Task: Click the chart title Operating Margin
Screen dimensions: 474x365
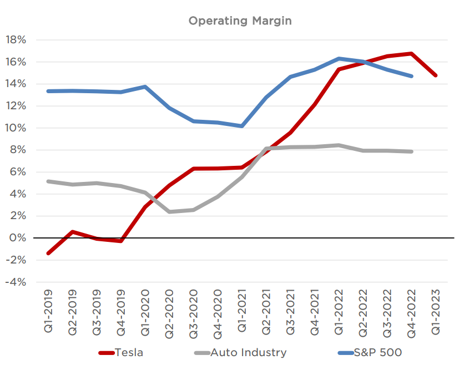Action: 240,21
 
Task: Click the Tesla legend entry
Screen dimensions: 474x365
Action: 121,352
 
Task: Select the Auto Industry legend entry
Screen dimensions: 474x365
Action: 240,352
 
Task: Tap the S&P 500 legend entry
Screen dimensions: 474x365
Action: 370,352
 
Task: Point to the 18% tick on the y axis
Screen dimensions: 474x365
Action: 16,40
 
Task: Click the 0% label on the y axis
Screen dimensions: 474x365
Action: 18,238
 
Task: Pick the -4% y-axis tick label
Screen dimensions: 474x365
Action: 16,282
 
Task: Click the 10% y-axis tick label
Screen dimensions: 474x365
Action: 16,128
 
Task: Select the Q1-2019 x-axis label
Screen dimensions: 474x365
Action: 48,311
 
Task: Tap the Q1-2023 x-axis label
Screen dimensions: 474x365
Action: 436,312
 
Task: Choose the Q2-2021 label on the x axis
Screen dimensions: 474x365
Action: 266,312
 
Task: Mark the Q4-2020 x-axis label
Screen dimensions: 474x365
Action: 218,314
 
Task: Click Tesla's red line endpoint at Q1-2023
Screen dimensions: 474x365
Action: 436,75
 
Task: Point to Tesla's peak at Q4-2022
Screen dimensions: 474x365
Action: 411,53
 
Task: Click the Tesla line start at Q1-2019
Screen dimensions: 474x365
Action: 48,253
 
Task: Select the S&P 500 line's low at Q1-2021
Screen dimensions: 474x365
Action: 242,126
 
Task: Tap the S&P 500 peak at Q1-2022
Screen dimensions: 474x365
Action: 339,59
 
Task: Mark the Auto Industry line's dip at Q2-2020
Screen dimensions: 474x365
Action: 169,212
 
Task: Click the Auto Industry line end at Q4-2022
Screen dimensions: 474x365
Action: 411,151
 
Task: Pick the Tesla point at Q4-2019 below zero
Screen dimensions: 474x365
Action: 121,241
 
